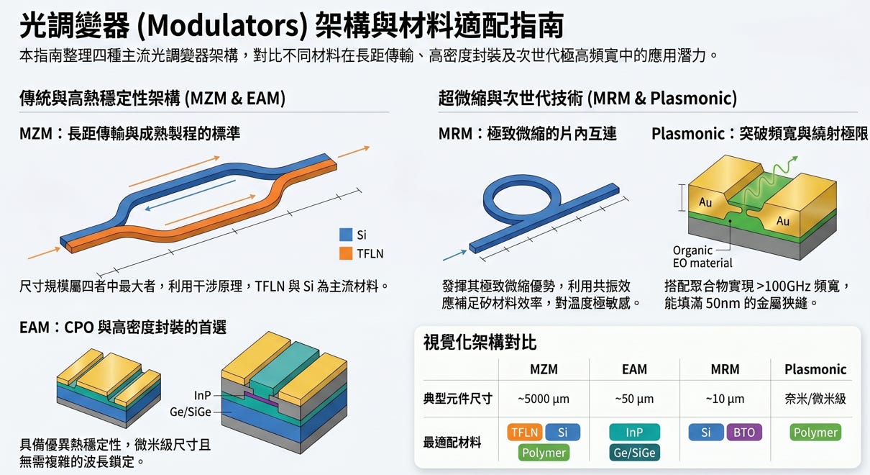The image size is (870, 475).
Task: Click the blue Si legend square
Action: [x=346, y=235]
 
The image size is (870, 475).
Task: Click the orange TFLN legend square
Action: [x=346, y=253]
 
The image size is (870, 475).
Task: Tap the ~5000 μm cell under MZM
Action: [x=544, y=399]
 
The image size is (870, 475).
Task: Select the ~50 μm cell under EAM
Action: [x=634, y=399]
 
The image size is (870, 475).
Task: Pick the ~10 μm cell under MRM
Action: [x=725, y=399]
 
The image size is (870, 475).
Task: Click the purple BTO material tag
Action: [x=743, y=433]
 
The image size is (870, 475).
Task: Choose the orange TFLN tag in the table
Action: [x=524, y=433]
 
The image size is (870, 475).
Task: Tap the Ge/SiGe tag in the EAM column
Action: [x=634, y=453]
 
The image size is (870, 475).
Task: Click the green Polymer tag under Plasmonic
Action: [x=815, y=433]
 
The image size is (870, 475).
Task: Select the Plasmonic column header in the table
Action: [x=815, y=369]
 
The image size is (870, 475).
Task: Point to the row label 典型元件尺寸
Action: [x=457, y=399]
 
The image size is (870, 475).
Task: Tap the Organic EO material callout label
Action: [x=702, y=256]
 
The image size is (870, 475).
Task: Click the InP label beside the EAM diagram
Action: [x=202, y=395]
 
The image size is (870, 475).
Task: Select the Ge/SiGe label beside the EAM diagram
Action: [x=191, y=412]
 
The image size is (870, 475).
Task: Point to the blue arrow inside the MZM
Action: [x=191, y=195]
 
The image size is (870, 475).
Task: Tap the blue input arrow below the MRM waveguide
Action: [x=454, y=255]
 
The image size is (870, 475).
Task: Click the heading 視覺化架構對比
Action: [x=480, y=343]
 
